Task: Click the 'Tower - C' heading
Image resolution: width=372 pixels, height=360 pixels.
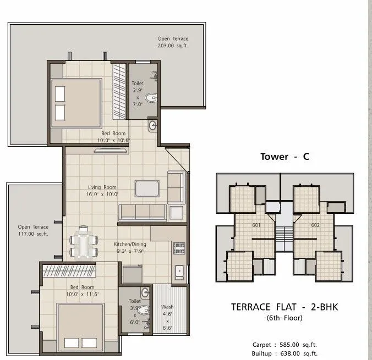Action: [x=285, y=157]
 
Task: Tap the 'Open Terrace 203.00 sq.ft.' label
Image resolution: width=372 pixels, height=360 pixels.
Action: [x=174, y=42]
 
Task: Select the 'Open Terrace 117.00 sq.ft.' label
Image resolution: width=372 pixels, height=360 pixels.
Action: [x=33, y=230]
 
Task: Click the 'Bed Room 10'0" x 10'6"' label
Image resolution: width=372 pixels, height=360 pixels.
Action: [x=113, y=136]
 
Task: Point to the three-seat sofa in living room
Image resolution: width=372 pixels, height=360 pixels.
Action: [x=141, y=213]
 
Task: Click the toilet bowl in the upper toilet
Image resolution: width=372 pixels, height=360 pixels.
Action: [x=152, y=98]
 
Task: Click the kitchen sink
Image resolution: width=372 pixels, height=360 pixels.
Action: [x=179, y=272]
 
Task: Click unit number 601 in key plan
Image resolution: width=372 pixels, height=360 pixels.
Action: [x=256, y=225]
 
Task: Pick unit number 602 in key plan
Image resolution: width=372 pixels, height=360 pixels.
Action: [x=315, y=225]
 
